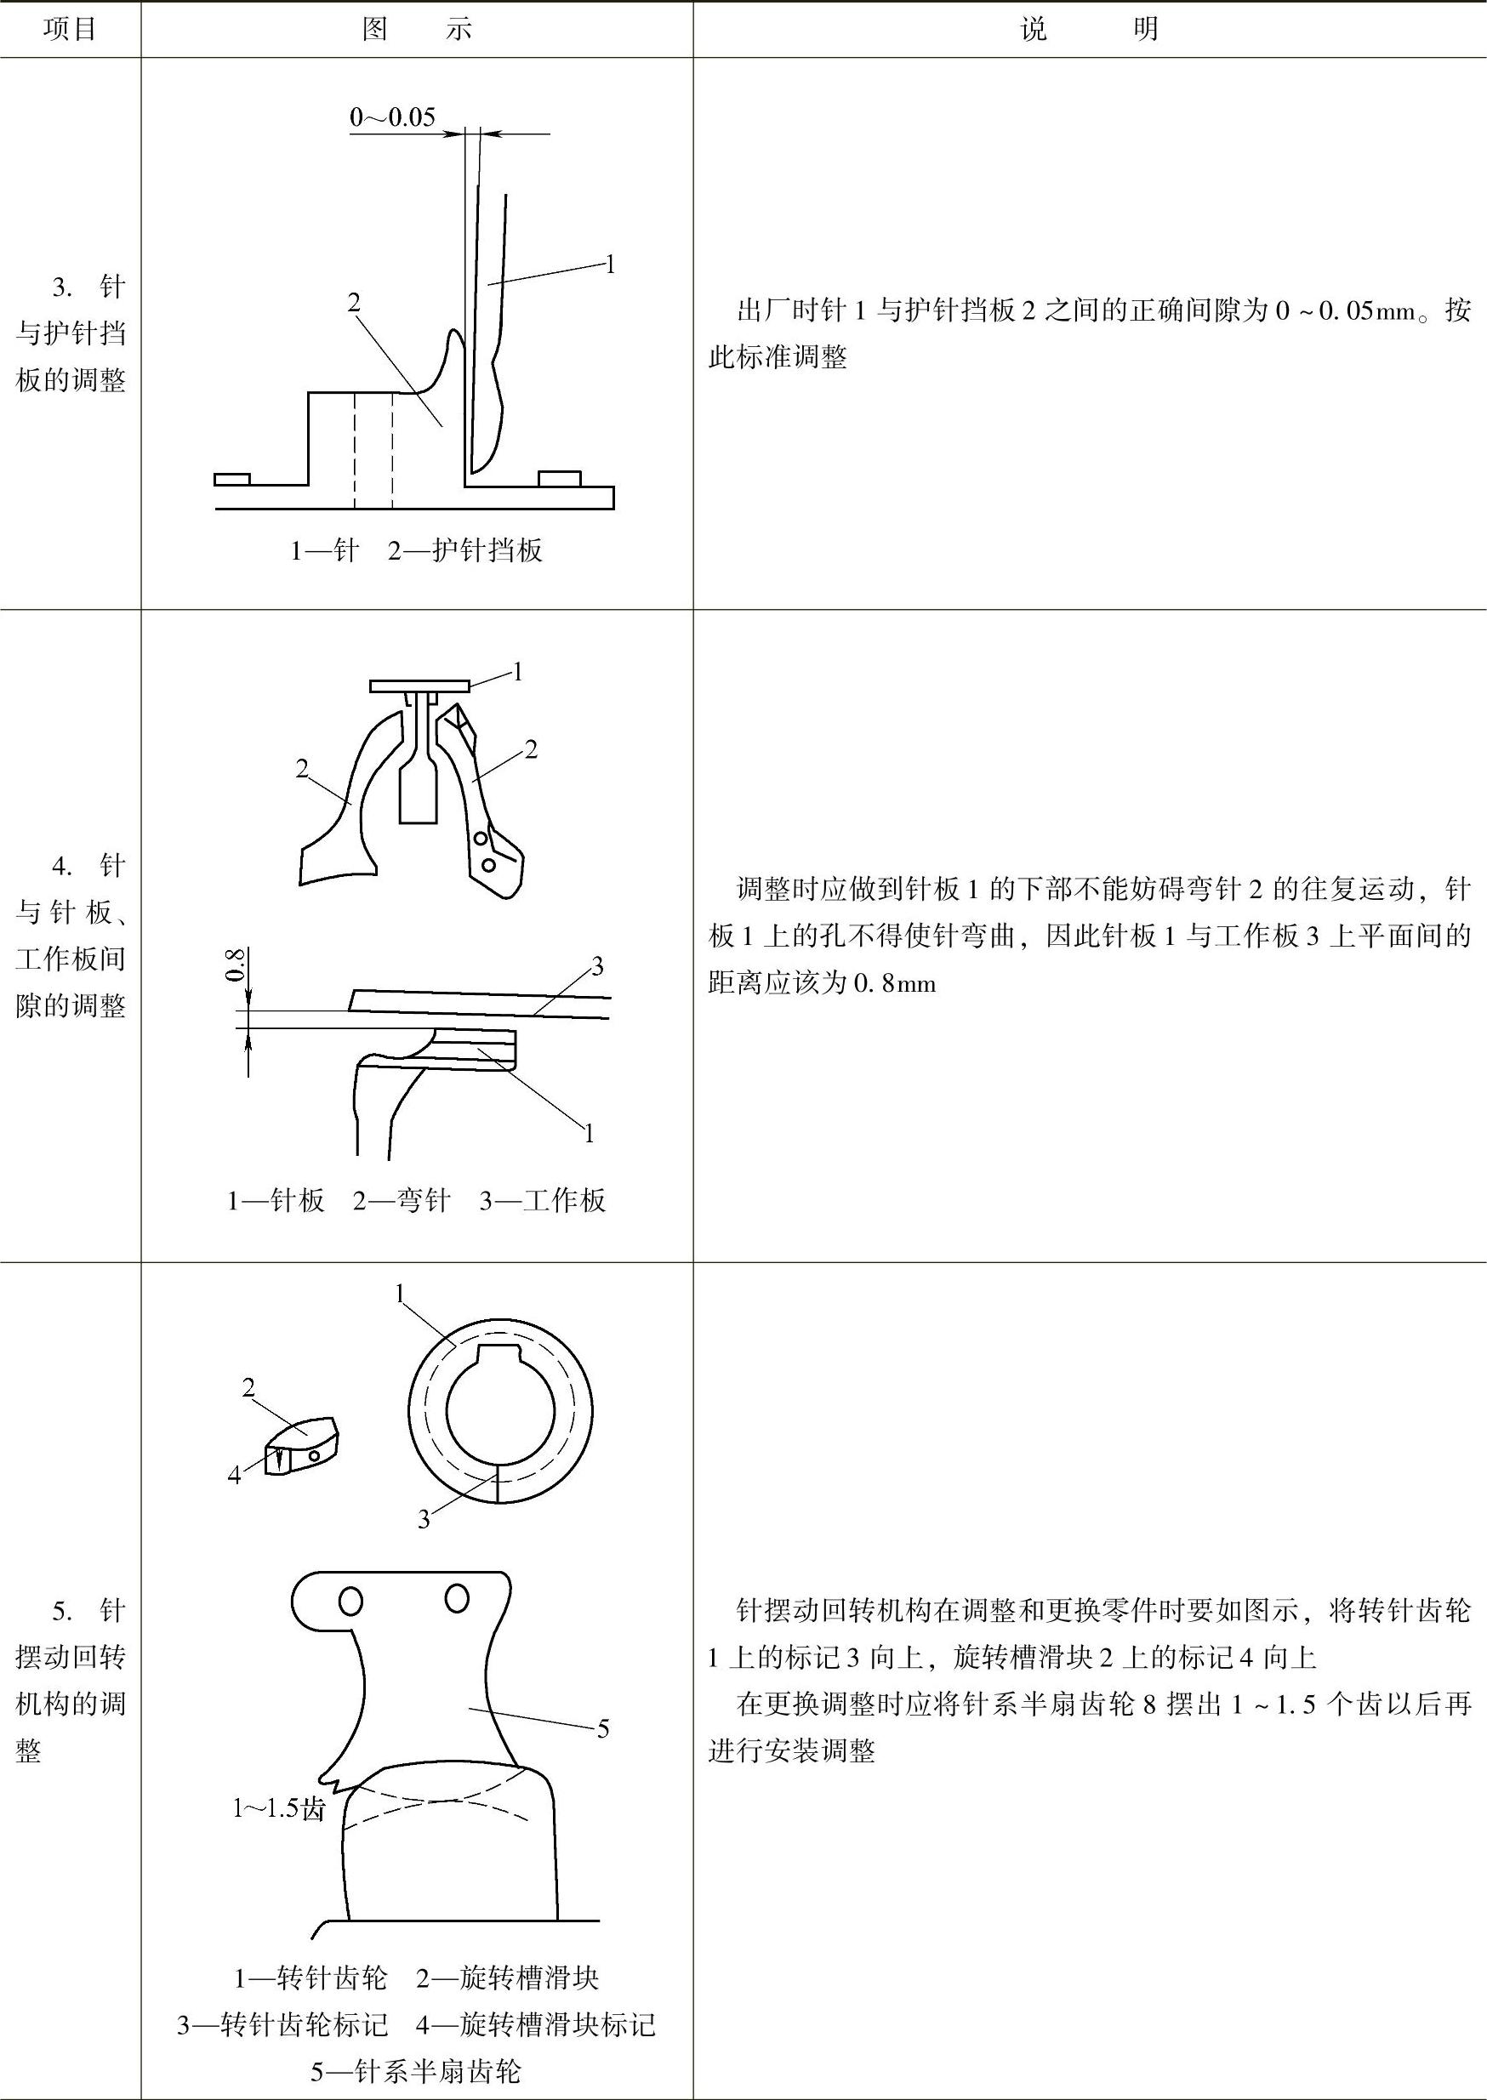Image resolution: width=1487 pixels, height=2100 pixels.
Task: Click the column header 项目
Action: click(x=71, y=29)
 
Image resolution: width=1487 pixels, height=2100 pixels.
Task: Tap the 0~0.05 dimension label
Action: click(x=392, y=117)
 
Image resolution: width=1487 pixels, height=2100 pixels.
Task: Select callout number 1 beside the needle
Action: click(x=610, y=265)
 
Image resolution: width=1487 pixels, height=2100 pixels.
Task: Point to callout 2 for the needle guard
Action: click(x=355, y=302)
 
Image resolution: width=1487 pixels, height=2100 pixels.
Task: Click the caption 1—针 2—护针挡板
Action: click(x=417, y=550)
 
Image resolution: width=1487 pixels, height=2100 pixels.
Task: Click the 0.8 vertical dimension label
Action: click(x=235, y=965)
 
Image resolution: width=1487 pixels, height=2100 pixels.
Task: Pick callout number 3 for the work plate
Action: click(x=597, y=967)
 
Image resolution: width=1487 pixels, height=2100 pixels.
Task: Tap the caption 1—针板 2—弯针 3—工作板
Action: click(x=417, y=1200)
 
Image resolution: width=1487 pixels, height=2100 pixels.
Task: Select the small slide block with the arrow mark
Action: click(x=301, y=1447)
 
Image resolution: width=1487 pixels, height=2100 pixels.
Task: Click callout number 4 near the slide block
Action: click(x=235, y=1475)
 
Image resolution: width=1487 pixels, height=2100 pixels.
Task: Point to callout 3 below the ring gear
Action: click(x=423, y=1521)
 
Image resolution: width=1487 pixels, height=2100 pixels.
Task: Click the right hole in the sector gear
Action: click(x=457, y=1598)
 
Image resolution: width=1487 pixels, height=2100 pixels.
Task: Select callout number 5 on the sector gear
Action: click(x=602, y=1728)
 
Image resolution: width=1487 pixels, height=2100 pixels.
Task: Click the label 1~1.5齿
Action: click(x=279, y=1809)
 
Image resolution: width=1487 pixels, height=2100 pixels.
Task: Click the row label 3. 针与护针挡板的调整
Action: click(x=71, y=333)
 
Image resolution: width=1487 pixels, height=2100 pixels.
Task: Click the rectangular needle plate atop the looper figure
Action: click(x=419, y=686)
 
